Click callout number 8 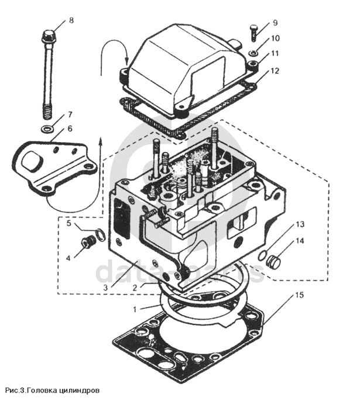coord(71,20)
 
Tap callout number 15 coord(299,295)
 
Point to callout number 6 coord(70,128)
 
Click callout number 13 coord(300,225)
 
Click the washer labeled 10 coord(253,54)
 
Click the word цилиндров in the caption coord(82,389)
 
